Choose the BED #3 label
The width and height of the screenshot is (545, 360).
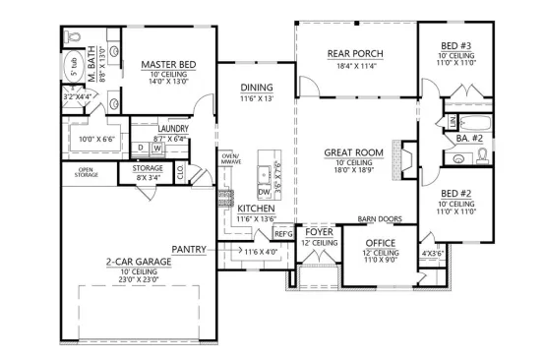pyautogui.click(x=454, y=46)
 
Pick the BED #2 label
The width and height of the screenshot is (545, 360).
pyautogui.click(x=454, y=194)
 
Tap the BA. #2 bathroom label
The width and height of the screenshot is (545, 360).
pyautogui.click(x=468, y=140)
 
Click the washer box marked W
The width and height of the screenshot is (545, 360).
pyautogui.click(x=156, y=149)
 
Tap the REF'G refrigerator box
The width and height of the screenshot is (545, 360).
pyautogui.click(x=283, y=233)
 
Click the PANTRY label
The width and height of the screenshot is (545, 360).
pyautogui.click(x=188, y=250)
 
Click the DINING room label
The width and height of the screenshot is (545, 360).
pyautogui.click(x=256, y=87)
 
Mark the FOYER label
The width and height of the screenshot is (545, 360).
pyautogui.click(x=319, y=233)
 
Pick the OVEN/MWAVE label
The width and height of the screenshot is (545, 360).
pyautogui.click(x=230, y=159)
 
